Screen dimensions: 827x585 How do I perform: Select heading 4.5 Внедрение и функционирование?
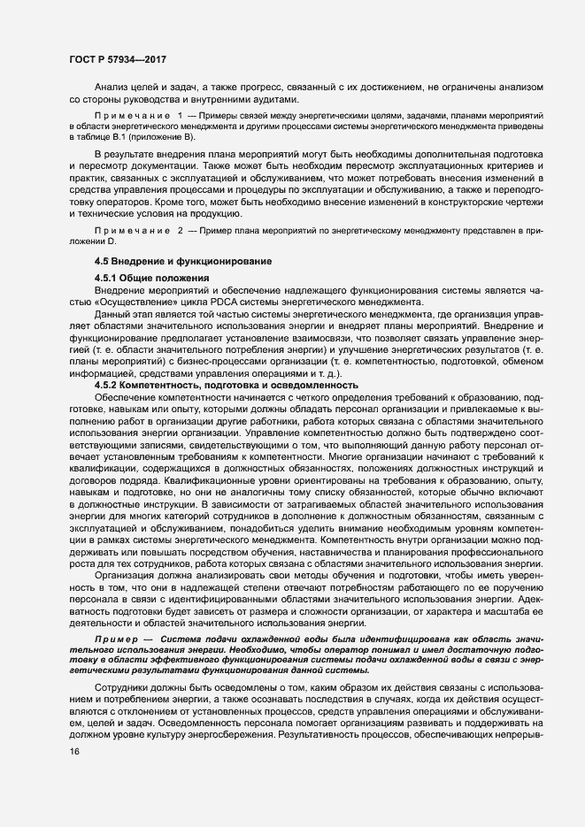(x=183, y=262)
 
